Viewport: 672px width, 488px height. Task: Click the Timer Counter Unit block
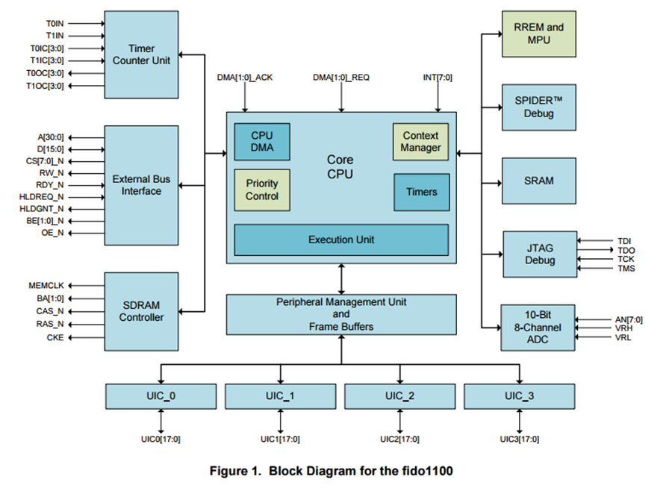[x=141, y=54]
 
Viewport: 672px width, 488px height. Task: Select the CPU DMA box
[x=262, y=142]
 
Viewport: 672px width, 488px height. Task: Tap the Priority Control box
[x=262, y=190]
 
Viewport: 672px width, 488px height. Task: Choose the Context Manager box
[x=421, y=142]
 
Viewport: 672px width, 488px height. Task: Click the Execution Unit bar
[x=341, y=240]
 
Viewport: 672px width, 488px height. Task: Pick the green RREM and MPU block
[x=538, y=34]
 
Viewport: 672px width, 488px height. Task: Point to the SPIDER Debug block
[x=538, y=107]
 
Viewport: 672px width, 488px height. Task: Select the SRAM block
[x=538, y=181]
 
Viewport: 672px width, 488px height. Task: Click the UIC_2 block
[x=400, y=396]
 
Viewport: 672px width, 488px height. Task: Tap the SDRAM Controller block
[x=141, y=311]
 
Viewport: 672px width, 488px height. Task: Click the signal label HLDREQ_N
[x=41, y=197]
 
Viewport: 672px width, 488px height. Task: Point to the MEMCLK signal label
[x=46, y=286]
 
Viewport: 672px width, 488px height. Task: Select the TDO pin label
[x=626, y=250]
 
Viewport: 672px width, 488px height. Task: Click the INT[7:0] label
[x=438, y=78]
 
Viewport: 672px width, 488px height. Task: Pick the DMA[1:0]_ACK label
[x=245, y=78]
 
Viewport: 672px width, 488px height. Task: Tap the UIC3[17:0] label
[x=520, y=439]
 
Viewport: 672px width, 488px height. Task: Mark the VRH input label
[x=623, y=328]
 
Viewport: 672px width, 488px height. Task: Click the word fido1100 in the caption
[x=427, y=471]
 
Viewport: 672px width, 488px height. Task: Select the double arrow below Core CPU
[x=341, y=279]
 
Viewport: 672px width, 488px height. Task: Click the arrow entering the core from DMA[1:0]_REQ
[x=341, y=97]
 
